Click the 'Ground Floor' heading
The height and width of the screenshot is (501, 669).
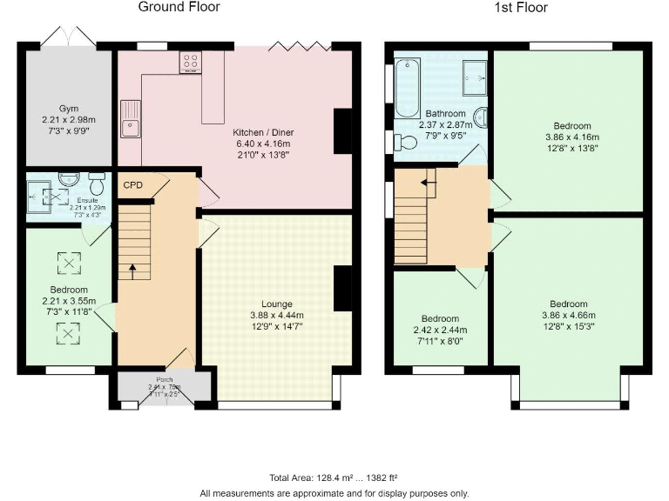pyautogui.click(x=179, y=8)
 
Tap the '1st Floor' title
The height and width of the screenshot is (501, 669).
pyautogui.click(x=517, y=8)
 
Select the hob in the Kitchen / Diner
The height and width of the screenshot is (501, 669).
pyautogui.click(x=191, y=63)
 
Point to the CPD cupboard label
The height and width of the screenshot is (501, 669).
pyautogui.click(x=132, y=185)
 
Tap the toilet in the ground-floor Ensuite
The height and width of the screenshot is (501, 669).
pyautogui.click(x=97, y=185)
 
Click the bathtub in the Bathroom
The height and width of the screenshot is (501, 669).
pyautogui.click(x=408, y=88)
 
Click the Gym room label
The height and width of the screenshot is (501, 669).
pyautogui.click(x=69, y=109)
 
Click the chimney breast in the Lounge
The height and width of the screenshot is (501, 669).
pyautogui.click(x=343, y=289)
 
